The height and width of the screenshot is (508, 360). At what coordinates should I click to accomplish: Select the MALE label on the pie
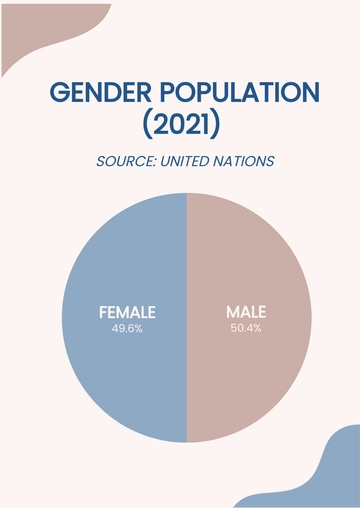(246, 311)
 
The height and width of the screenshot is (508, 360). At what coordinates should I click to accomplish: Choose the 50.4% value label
(246, 328)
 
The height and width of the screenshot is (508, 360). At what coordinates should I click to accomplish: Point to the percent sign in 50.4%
(259, 328)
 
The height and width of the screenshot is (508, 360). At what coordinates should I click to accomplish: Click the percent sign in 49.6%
(138, 328)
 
